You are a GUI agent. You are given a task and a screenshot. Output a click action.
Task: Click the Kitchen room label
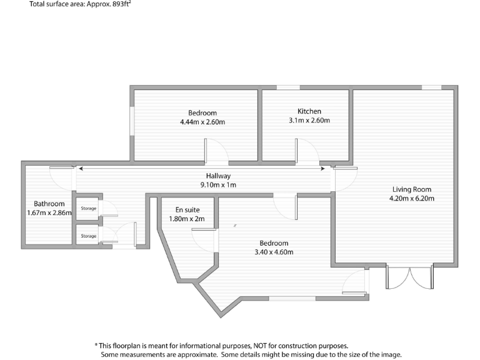click(309, 111)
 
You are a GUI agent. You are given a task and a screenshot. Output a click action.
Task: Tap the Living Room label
click(411, 189)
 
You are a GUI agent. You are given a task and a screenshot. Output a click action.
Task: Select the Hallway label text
click(218, 176)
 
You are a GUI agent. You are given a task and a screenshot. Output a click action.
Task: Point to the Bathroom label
click(49, 204)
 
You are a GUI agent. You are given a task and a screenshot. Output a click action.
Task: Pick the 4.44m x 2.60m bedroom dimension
click(202, 122)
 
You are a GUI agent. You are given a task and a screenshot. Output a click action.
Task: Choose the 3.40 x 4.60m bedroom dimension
click(274, 252)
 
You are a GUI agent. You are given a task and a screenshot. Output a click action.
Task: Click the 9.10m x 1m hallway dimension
click(218, 185)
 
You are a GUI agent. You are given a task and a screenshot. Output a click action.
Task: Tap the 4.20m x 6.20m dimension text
click(411, 199)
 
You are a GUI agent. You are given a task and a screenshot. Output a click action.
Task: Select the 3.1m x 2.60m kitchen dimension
click(309, 121)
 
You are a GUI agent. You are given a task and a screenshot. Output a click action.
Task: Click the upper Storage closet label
click(89, 208)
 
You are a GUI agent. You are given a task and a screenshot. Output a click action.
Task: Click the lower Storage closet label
click(89, 236)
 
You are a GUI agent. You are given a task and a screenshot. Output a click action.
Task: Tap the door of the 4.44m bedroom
click(216, 150)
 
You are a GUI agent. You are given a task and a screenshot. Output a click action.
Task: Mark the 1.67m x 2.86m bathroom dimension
click(49, 213)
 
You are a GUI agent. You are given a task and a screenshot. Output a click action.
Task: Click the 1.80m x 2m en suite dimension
click(187, 219)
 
